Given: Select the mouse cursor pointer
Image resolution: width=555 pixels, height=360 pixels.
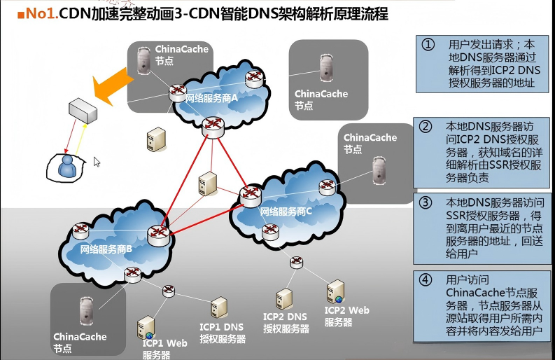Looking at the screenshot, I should click(97, 162).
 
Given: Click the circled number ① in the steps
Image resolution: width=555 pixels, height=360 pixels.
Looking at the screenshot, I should click(428, 44).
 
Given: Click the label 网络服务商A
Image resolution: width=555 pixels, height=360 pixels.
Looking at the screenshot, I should click(211, 99).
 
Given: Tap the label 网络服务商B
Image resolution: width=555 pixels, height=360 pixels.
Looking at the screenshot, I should click(101, 249).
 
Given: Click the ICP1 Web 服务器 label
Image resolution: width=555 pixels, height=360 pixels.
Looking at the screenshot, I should click(164, 349).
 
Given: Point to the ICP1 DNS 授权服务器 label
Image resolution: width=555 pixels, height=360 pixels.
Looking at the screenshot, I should click(223, 333).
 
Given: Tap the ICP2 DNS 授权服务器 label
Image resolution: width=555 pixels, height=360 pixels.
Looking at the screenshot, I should click(286, 323).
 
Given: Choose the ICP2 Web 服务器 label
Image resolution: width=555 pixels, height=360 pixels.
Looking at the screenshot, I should click(346, 316).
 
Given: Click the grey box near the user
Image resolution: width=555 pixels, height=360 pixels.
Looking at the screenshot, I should click(83, 111).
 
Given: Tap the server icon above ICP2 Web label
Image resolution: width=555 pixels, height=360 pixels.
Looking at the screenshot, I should click(335, 290).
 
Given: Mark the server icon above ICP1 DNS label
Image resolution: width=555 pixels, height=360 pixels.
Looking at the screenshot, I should click(219, 307).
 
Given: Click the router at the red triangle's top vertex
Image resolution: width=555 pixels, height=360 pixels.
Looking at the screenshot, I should click(211, 125).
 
